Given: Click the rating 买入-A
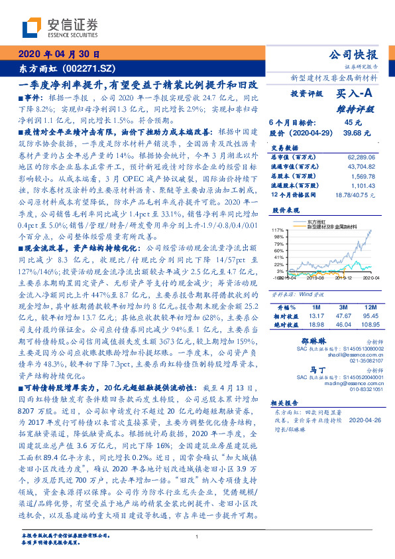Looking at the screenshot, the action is [355, 94].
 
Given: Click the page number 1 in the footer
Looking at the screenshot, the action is [197, 536].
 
